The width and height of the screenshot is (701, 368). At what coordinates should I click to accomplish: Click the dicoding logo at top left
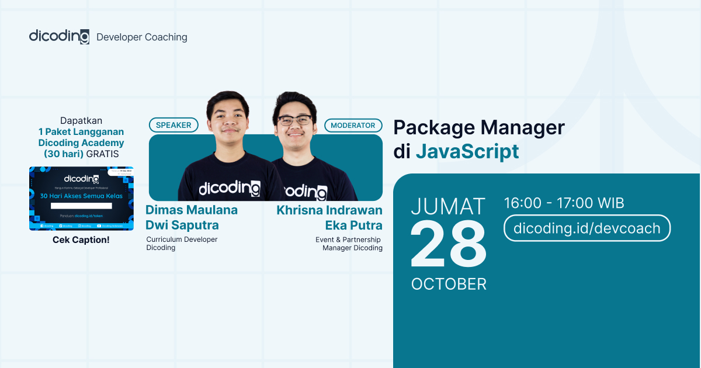click(59, 36)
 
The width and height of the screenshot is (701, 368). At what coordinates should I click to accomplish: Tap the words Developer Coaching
click(142, 37)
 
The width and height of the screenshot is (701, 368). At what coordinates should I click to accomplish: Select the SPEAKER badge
click(173, 125)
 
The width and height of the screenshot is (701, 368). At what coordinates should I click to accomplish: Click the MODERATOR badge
click(353, 125)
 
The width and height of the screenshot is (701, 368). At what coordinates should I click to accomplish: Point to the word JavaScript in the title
click(467, 151)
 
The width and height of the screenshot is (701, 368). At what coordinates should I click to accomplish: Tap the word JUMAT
click(448, 207)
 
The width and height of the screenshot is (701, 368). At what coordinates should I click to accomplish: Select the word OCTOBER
click(449, 284)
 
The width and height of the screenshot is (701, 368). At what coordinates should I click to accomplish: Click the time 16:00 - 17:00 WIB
click(564, 203)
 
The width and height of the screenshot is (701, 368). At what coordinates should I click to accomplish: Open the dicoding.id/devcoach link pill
click(587, 228)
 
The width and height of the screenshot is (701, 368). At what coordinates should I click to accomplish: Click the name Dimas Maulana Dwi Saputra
click(192, 217)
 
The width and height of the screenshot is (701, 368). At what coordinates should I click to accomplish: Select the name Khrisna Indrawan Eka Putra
click(329, 217)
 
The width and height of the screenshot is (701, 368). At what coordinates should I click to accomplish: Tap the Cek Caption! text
click(81, 240)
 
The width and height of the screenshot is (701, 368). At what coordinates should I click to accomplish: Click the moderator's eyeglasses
click(294, 120)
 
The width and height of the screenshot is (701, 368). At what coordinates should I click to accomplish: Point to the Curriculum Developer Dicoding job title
click(182, 244)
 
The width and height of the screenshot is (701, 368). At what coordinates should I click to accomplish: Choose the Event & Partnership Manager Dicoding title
click(352, 244)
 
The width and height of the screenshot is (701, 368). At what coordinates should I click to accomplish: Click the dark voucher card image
click(81, 198)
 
